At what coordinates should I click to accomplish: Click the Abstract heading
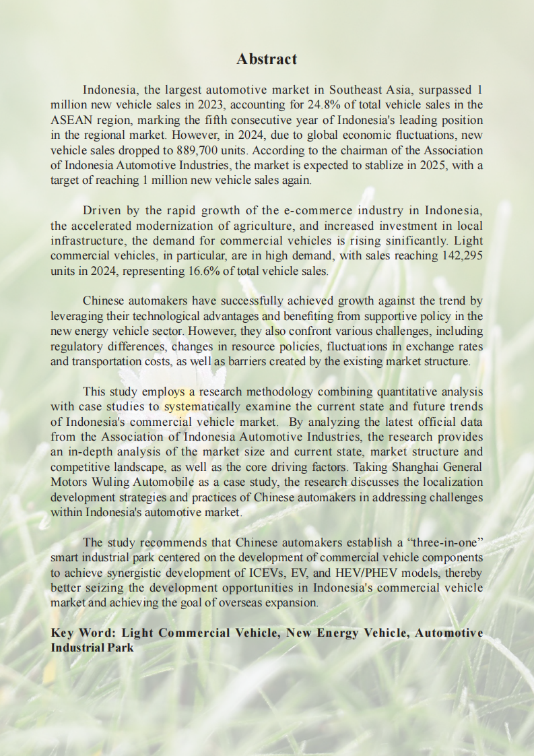[x=267, y=59]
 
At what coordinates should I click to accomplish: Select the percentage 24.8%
[x=360, y=104]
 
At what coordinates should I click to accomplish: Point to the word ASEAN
[x=70, y=120]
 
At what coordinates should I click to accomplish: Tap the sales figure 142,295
[x=458, y=256]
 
